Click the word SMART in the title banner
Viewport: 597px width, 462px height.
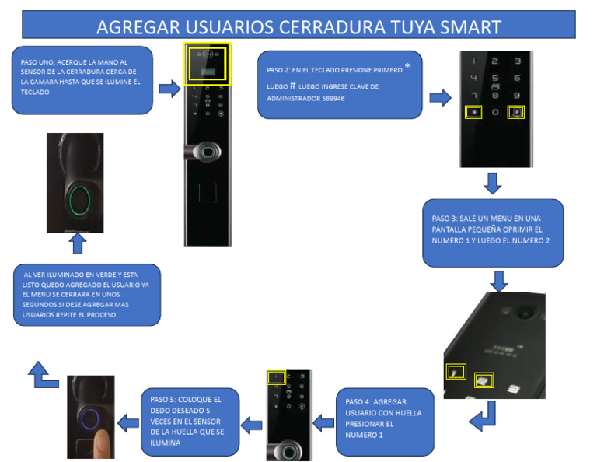[x=468, y=26]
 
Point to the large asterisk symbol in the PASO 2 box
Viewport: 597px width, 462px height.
[x=407, y=68]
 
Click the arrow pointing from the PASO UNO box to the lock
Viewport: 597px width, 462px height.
[x=169, y=89]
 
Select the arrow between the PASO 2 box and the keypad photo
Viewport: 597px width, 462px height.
[x=440, y=98]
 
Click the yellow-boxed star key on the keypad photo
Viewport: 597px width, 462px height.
[x=472, y=112]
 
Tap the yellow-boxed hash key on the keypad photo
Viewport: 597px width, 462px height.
[x=515, y=112]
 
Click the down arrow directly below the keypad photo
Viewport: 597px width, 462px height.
[x=492, y=184]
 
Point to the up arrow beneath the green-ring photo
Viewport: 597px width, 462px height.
[x=77, y=245]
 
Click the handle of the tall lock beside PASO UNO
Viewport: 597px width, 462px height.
[x=204, y=151]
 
